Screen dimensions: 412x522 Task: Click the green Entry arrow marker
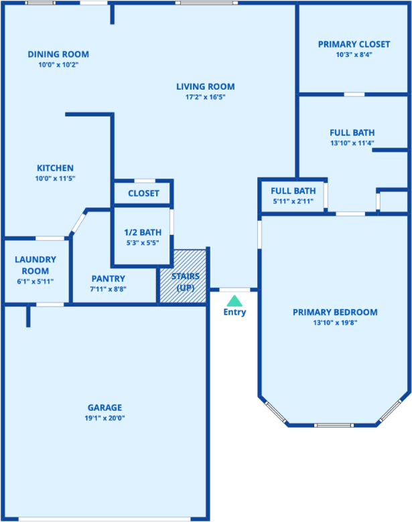point(234,300)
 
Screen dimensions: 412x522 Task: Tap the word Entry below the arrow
point(234,313)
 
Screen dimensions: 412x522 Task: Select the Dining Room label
point(58,54)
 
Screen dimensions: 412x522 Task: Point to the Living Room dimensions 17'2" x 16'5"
point(206,97)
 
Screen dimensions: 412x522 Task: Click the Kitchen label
point(55,168)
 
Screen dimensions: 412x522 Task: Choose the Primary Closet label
point(354,44)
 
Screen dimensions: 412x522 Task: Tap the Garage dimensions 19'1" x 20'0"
point(105,418)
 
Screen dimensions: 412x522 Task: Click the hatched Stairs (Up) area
point(183,276)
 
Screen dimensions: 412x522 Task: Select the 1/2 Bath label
point(143,232)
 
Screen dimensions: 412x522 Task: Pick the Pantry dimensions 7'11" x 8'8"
point(108,289)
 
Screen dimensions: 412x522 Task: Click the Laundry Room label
point(36,265)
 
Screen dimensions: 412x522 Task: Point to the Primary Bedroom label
point(335,313)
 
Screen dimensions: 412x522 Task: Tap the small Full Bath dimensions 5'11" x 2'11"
point(293,201)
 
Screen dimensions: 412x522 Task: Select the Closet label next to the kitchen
point(143,193)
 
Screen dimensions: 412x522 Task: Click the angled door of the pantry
point(78,222)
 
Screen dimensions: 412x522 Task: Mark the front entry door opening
point(234,290)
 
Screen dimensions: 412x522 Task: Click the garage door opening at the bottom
point(105,519)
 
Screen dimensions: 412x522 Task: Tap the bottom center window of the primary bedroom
point(334,425)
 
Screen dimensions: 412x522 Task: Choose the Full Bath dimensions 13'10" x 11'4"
point(352,143)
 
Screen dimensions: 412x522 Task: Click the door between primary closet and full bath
point(354,94)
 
